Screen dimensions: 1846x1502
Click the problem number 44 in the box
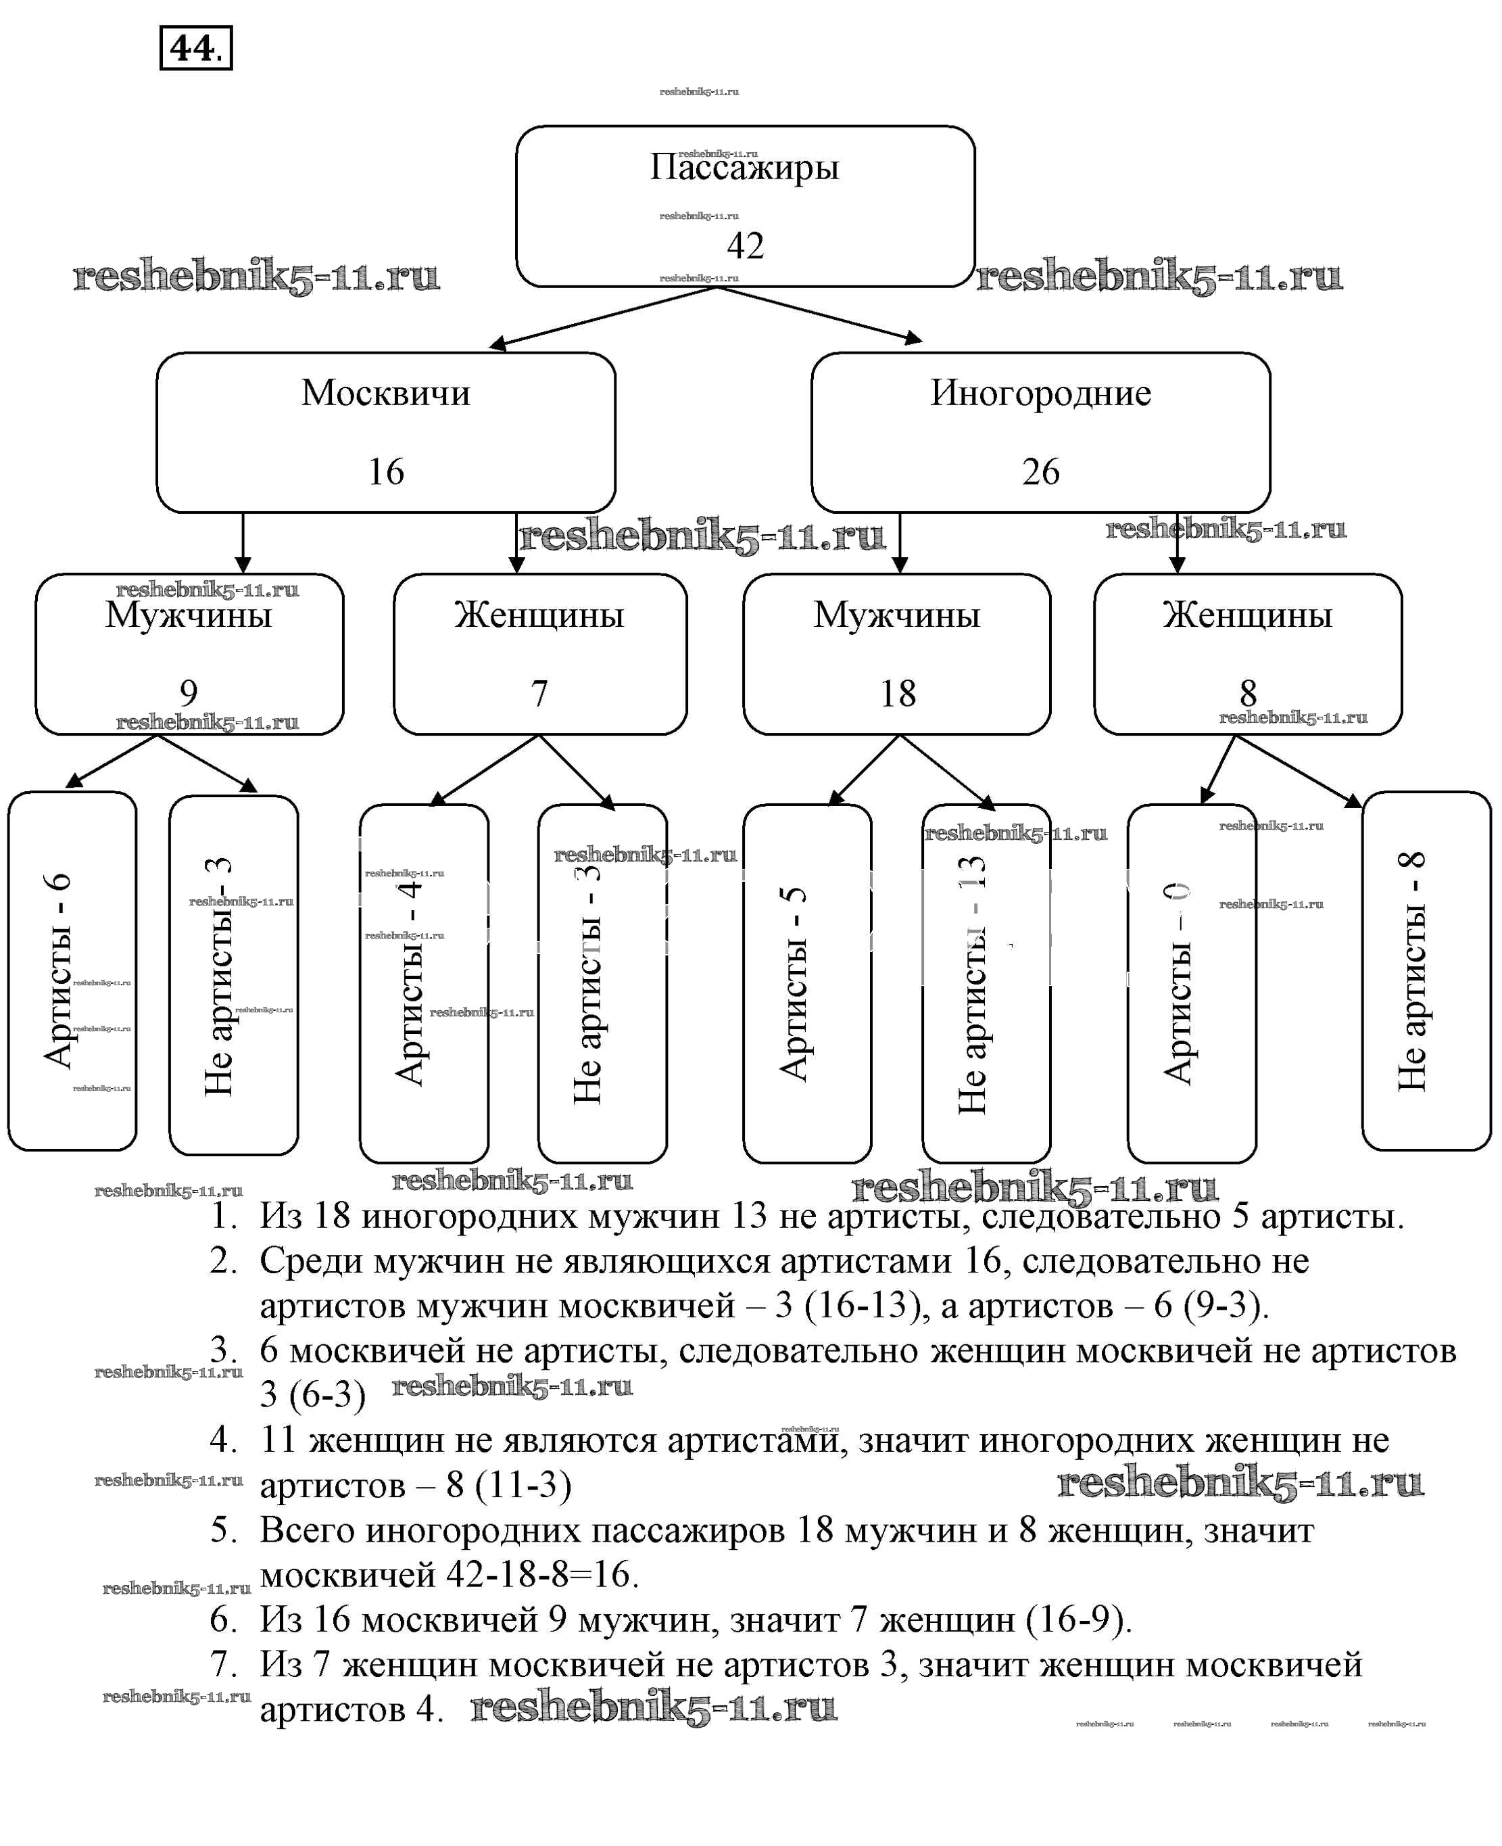pos(192,49)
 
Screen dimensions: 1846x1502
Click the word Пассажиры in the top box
pos(744,166)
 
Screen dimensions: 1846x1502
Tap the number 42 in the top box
pos(745,245)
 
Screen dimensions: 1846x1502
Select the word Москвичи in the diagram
pos(386,393)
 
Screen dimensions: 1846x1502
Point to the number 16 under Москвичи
pos(386,472)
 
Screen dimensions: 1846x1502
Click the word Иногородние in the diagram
pos(1040,393)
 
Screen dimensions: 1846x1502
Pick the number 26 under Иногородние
pos(1040,472)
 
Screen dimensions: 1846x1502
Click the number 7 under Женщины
pos(539,693)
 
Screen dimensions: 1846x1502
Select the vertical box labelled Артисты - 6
pos(73,971)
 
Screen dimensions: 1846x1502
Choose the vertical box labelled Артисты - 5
pos(807,983)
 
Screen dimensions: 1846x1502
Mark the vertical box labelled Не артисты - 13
pos(986,983)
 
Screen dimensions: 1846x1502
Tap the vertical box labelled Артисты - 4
pos(424,983)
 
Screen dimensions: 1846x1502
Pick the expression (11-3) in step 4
pos(523,1484)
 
